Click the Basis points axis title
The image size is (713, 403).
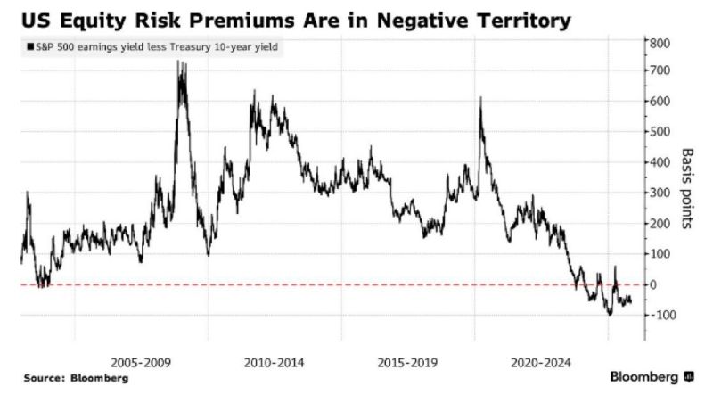click(x=687, y=188)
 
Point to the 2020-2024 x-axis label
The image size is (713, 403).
click(x=539, y=363)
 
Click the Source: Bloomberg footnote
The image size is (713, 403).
click(x=76, y=378)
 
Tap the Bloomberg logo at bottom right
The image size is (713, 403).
click(x=652, y=377)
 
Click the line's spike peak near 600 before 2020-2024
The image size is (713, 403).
click(x=480, y=98)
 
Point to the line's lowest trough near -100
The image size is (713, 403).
click(x=610, y=314)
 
